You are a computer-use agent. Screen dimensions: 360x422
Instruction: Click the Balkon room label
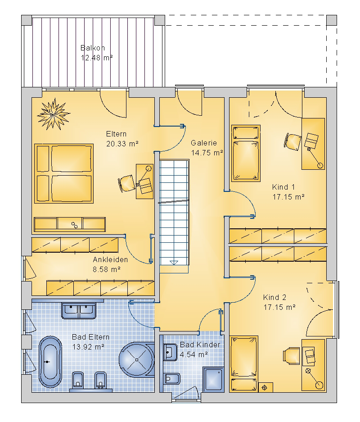93,48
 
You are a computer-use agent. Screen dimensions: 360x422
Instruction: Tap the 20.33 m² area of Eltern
122,144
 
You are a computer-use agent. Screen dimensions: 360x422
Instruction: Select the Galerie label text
204,143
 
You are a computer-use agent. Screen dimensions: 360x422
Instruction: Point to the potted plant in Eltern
54,114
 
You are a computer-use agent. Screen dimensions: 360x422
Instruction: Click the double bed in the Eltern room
64,173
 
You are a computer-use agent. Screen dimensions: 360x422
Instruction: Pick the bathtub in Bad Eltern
50,362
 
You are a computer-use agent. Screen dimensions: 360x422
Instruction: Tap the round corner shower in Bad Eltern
137,359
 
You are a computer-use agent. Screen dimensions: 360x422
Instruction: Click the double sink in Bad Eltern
79,310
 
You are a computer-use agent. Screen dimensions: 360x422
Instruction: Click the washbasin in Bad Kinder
170,352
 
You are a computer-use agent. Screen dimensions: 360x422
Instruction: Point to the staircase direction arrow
174,263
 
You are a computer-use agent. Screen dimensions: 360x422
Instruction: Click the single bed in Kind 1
246,153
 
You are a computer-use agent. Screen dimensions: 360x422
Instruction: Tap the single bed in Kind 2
244,363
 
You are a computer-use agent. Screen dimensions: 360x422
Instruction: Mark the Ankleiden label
110,259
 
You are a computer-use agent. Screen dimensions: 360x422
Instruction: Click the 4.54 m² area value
193,354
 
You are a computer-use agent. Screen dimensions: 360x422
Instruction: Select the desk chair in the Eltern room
126,184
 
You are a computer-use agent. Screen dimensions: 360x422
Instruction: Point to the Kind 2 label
275,297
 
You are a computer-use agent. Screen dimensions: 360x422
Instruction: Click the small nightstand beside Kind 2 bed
265,387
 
